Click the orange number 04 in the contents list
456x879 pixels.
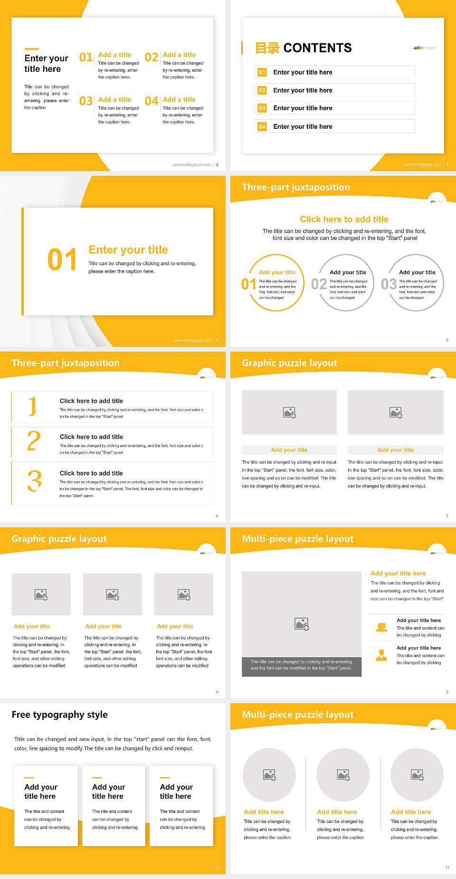[x=262, y=126]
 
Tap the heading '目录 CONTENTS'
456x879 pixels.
[x=304, y=48]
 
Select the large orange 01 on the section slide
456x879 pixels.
[x=62, y=260]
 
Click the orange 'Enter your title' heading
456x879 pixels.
[x=128, y=250]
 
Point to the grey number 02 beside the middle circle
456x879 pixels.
[x=319, y=284]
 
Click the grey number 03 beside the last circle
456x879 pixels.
[x=389, y=284]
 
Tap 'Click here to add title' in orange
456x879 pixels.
[x=344, y=219]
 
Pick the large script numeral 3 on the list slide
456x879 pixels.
[x=34, y=481]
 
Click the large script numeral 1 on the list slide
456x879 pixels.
[x=32, y=406]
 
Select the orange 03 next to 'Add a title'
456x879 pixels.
[x=86, y=101]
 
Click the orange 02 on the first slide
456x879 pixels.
[x=152, y=57]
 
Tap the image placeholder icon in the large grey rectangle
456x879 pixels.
[x=302, y=624]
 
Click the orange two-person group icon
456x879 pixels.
[x=381, y=627]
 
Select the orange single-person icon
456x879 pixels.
[x=381, y=655]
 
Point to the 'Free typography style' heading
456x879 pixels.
[x=60, y=715]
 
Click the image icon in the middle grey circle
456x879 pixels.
[x=343, y=775]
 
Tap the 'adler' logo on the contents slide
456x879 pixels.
[x=418, y=48]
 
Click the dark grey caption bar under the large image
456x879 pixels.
[x=302, y=665]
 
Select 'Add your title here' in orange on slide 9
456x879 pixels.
[x=398, y=573]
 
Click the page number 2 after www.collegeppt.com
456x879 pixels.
[x=217, y=164]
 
